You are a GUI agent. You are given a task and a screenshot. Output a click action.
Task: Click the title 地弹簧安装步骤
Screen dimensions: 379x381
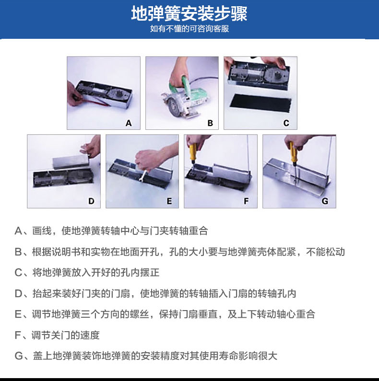189,13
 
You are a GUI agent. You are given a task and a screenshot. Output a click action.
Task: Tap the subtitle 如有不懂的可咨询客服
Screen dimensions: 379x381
189,29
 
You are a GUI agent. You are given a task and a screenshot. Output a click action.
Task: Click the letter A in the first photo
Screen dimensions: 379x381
129,123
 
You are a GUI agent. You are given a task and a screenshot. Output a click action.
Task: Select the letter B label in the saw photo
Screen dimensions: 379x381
210,123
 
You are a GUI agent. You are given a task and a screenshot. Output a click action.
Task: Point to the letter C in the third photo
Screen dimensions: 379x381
286,123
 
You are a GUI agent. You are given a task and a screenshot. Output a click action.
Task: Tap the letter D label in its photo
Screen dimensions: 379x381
91,201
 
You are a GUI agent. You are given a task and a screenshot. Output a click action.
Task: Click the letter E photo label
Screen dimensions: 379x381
169,201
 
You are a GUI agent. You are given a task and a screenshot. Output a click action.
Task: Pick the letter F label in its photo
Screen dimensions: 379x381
246,201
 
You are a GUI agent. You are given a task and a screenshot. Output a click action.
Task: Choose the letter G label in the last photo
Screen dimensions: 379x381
325,201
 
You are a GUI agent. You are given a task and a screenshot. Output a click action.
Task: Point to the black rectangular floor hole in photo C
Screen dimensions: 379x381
261,103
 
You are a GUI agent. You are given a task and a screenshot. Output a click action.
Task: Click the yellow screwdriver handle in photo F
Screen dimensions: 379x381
194,152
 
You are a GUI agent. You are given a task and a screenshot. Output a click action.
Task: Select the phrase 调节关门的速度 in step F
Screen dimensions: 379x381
66,335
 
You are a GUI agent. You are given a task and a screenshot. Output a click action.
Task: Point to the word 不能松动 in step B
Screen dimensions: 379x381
325,252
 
